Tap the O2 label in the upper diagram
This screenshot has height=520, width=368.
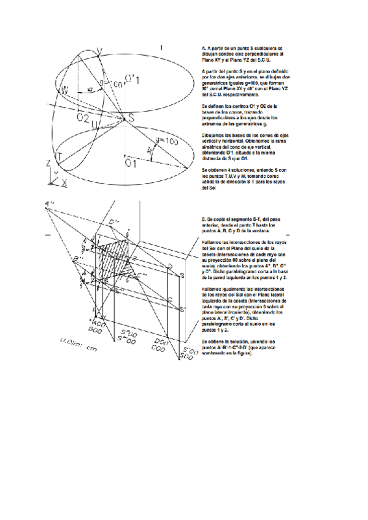tap(82, 116)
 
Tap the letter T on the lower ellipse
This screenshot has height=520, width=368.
tap(58, 156)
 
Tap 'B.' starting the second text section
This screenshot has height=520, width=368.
tap(204, 218)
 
